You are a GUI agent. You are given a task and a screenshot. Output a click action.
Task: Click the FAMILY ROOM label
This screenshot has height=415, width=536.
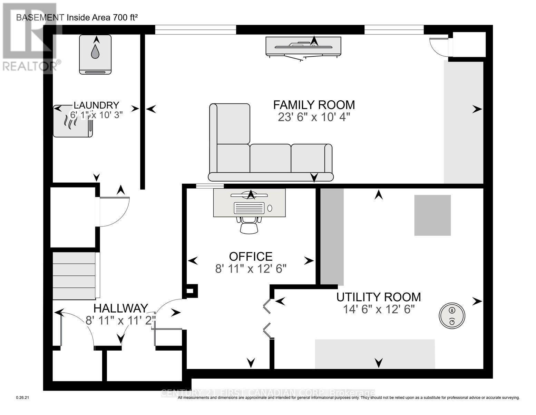tap(314, 104)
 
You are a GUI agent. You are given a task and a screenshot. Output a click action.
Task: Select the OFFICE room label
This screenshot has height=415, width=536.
tap(251, 256)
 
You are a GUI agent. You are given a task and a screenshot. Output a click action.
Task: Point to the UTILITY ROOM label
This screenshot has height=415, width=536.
tap(379, 297)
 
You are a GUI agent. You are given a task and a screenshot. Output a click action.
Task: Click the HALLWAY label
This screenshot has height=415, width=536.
tap(121, 308)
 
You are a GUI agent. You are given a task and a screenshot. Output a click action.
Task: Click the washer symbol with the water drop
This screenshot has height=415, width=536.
tap(95, 54)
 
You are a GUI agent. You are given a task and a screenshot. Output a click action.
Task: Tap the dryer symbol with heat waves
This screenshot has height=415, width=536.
tap(72, 121)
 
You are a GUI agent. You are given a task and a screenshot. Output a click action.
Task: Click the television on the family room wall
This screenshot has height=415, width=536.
tap(303, 46)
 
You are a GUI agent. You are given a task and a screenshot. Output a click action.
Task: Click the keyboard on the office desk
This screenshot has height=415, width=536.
tap(249, 208)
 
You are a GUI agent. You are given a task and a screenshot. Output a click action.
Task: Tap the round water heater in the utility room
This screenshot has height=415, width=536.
tap(452, 315)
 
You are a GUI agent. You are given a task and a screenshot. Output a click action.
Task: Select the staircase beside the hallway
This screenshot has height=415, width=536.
tap(74, 276)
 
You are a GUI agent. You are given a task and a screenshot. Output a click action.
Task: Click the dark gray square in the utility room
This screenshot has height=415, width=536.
tap(432, 215)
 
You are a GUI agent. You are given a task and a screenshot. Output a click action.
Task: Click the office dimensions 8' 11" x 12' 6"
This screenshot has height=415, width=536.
tap(251, 269)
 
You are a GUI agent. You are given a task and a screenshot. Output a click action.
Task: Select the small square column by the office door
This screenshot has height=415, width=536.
tap(190, 291)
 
